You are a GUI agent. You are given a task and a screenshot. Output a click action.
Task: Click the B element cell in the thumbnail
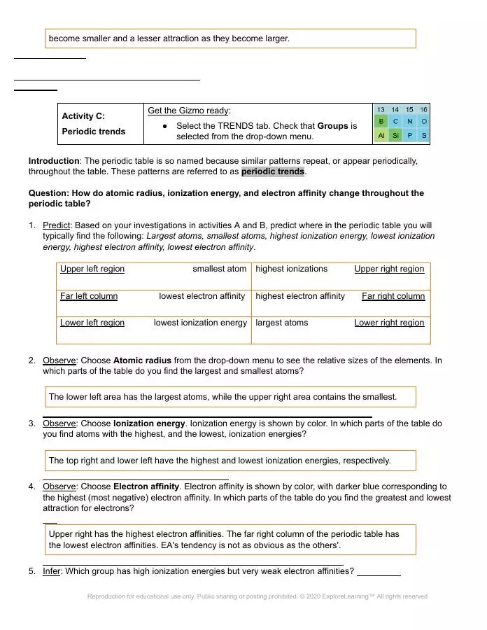coord(381,122)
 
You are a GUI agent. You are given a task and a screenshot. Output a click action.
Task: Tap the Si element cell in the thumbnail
coord(395,135)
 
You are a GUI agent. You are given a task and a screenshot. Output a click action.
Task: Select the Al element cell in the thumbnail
coord(381,135)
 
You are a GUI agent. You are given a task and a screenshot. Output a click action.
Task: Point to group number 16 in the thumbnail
coord(423,110)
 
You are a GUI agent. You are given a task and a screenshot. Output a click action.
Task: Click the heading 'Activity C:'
coord(83,116)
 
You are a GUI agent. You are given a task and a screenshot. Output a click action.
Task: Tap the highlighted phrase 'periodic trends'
coord(273,171)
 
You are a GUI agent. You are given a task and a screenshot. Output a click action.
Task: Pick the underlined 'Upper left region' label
coord(92,269)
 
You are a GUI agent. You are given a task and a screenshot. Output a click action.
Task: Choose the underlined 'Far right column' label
coord(393,296)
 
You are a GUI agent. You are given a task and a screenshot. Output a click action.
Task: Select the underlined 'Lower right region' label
coord(389,323)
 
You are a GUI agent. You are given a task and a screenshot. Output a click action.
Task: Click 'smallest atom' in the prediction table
coord(220,269)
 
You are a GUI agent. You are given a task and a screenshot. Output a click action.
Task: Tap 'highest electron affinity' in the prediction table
coord(300,296)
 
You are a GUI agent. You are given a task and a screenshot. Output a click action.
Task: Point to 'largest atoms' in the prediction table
coord(281,323)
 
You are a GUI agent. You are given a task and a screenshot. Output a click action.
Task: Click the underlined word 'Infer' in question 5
coord(52,571)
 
